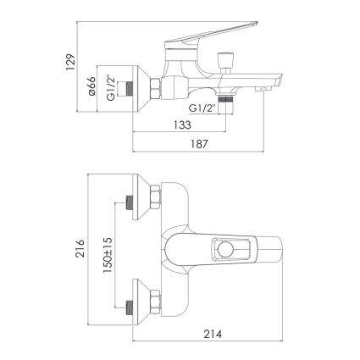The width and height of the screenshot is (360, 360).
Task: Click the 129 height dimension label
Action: pyautogui.click(x=70, y=62)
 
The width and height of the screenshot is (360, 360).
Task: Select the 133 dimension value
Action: pyautogui.click(x=182, y=125)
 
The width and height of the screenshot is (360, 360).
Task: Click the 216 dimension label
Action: pyautogui.click(x=81, y=248)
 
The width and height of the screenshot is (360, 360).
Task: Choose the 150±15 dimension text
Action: pyautogui.click(x=108, y=255)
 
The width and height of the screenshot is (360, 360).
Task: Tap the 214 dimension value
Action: pyautogui.click(x=213, y=334)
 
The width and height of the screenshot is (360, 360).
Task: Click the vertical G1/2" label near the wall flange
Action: pyautogui.click(x=111, y=88)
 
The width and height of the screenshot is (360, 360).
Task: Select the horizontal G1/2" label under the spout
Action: pyautogui.click(x=202, y=108)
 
